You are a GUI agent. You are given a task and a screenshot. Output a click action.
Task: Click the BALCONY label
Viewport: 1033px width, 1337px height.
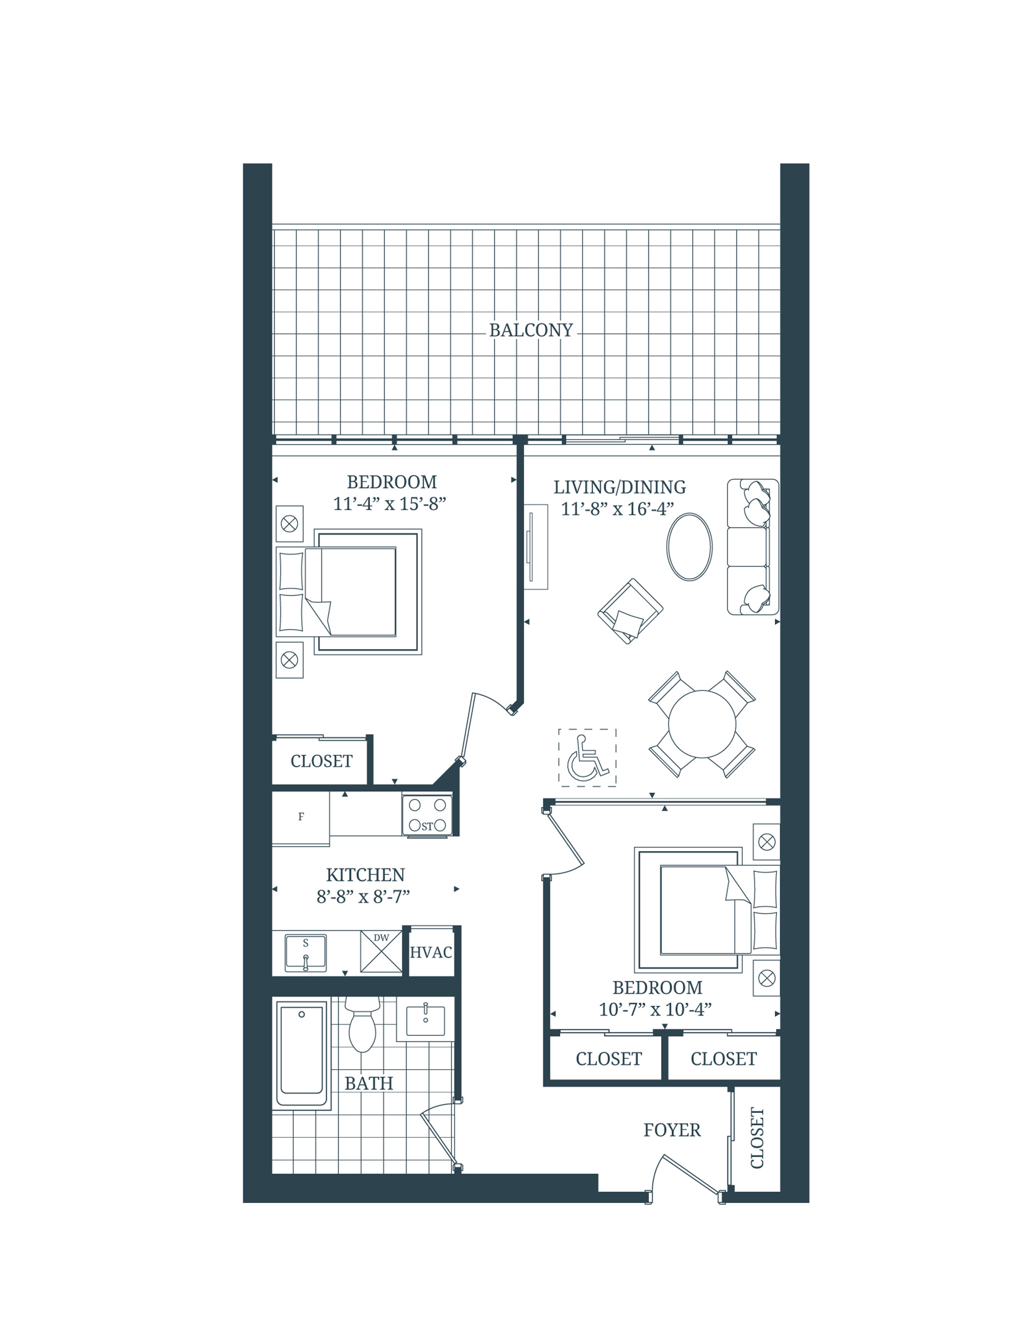pyautogui.click(x=531, y=330)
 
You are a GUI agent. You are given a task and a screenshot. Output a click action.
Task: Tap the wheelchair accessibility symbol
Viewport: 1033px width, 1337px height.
pyautogui.click(x=587, y=757)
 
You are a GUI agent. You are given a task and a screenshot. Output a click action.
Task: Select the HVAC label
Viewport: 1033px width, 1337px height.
pyautogui.click(x=431, y=952)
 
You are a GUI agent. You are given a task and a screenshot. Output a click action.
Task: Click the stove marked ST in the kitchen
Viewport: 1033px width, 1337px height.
pyautogui.click(x=427, y=815)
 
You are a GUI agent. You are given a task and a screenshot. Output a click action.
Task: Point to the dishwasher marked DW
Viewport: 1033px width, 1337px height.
pyautogui.click(x=381, y=951)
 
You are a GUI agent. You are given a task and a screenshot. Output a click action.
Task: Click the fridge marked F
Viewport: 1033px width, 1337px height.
pyautogui.click(x=301, y=817)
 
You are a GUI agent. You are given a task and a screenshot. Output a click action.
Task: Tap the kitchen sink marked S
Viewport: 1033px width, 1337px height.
pyautogui.click(x=306, y=953)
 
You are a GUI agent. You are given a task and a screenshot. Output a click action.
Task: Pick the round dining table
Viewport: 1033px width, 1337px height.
pyautogui.click(x=701, y=724)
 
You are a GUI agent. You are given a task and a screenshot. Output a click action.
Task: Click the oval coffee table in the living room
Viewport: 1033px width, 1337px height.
pyautogui.click(x=689, y=546)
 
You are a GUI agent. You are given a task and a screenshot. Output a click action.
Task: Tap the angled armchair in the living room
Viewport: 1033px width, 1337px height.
pyautogui.click(x=629, y=611)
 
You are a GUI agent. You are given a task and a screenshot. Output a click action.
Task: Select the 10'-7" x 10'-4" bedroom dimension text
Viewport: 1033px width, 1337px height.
pyautogui.click(x=655, y=1009)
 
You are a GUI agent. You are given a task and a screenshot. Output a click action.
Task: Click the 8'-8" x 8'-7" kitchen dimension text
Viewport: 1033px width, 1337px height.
pyautogui.click(x=363, y=897)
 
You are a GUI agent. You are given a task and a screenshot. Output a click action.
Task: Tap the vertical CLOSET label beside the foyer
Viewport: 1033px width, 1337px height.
pyautogui.click(x=757, y=1138)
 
